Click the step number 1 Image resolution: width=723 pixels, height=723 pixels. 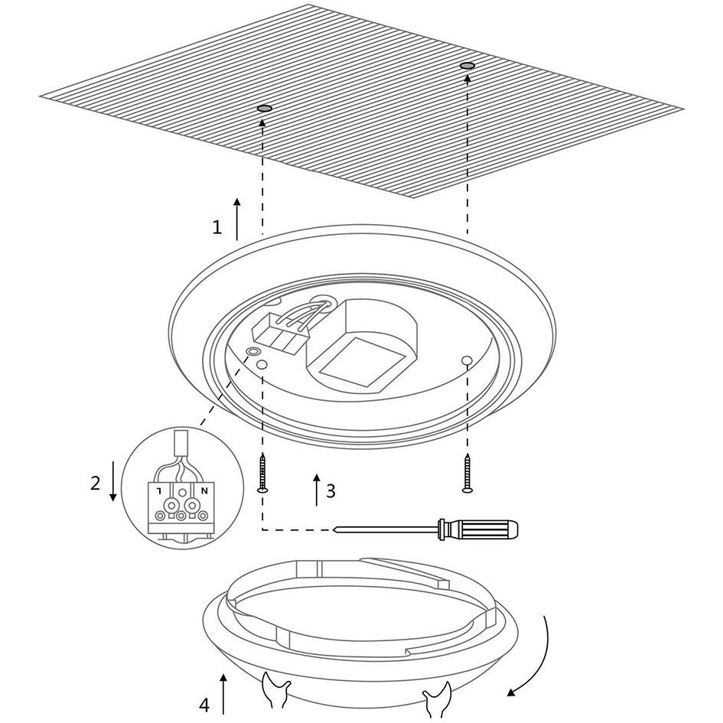pyautogui.click(x=217, y=227)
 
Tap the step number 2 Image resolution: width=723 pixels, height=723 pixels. pyautogui.click(x=95, y=484)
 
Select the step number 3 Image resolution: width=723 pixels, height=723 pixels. pyautogui.click(x=331, y=491)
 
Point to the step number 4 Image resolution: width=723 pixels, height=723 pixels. pyautogui.click(x=204, y=705)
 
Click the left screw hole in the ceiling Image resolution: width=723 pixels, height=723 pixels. pyautogui.click(x=264, y=109)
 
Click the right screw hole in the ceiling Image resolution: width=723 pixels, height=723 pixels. pyautogui.click(x=467, y=66)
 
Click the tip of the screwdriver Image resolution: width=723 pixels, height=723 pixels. pyautogui.click(x=334, y=529)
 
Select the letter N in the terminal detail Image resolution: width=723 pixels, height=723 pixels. pyautogui.click(x=205, y=490)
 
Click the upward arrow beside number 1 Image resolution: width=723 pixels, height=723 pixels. pyautogui.click(x=237, y=220)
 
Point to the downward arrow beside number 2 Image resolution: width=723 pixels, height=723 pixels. pyautogui.click(x=112, y=481)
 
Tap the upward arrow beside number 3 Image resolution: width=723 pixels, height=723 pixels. pyautogui.click(x=316, y=490)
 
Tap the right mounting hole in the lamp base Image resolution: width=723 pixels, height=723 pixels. pyautogui.click(x=466, y=360)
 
